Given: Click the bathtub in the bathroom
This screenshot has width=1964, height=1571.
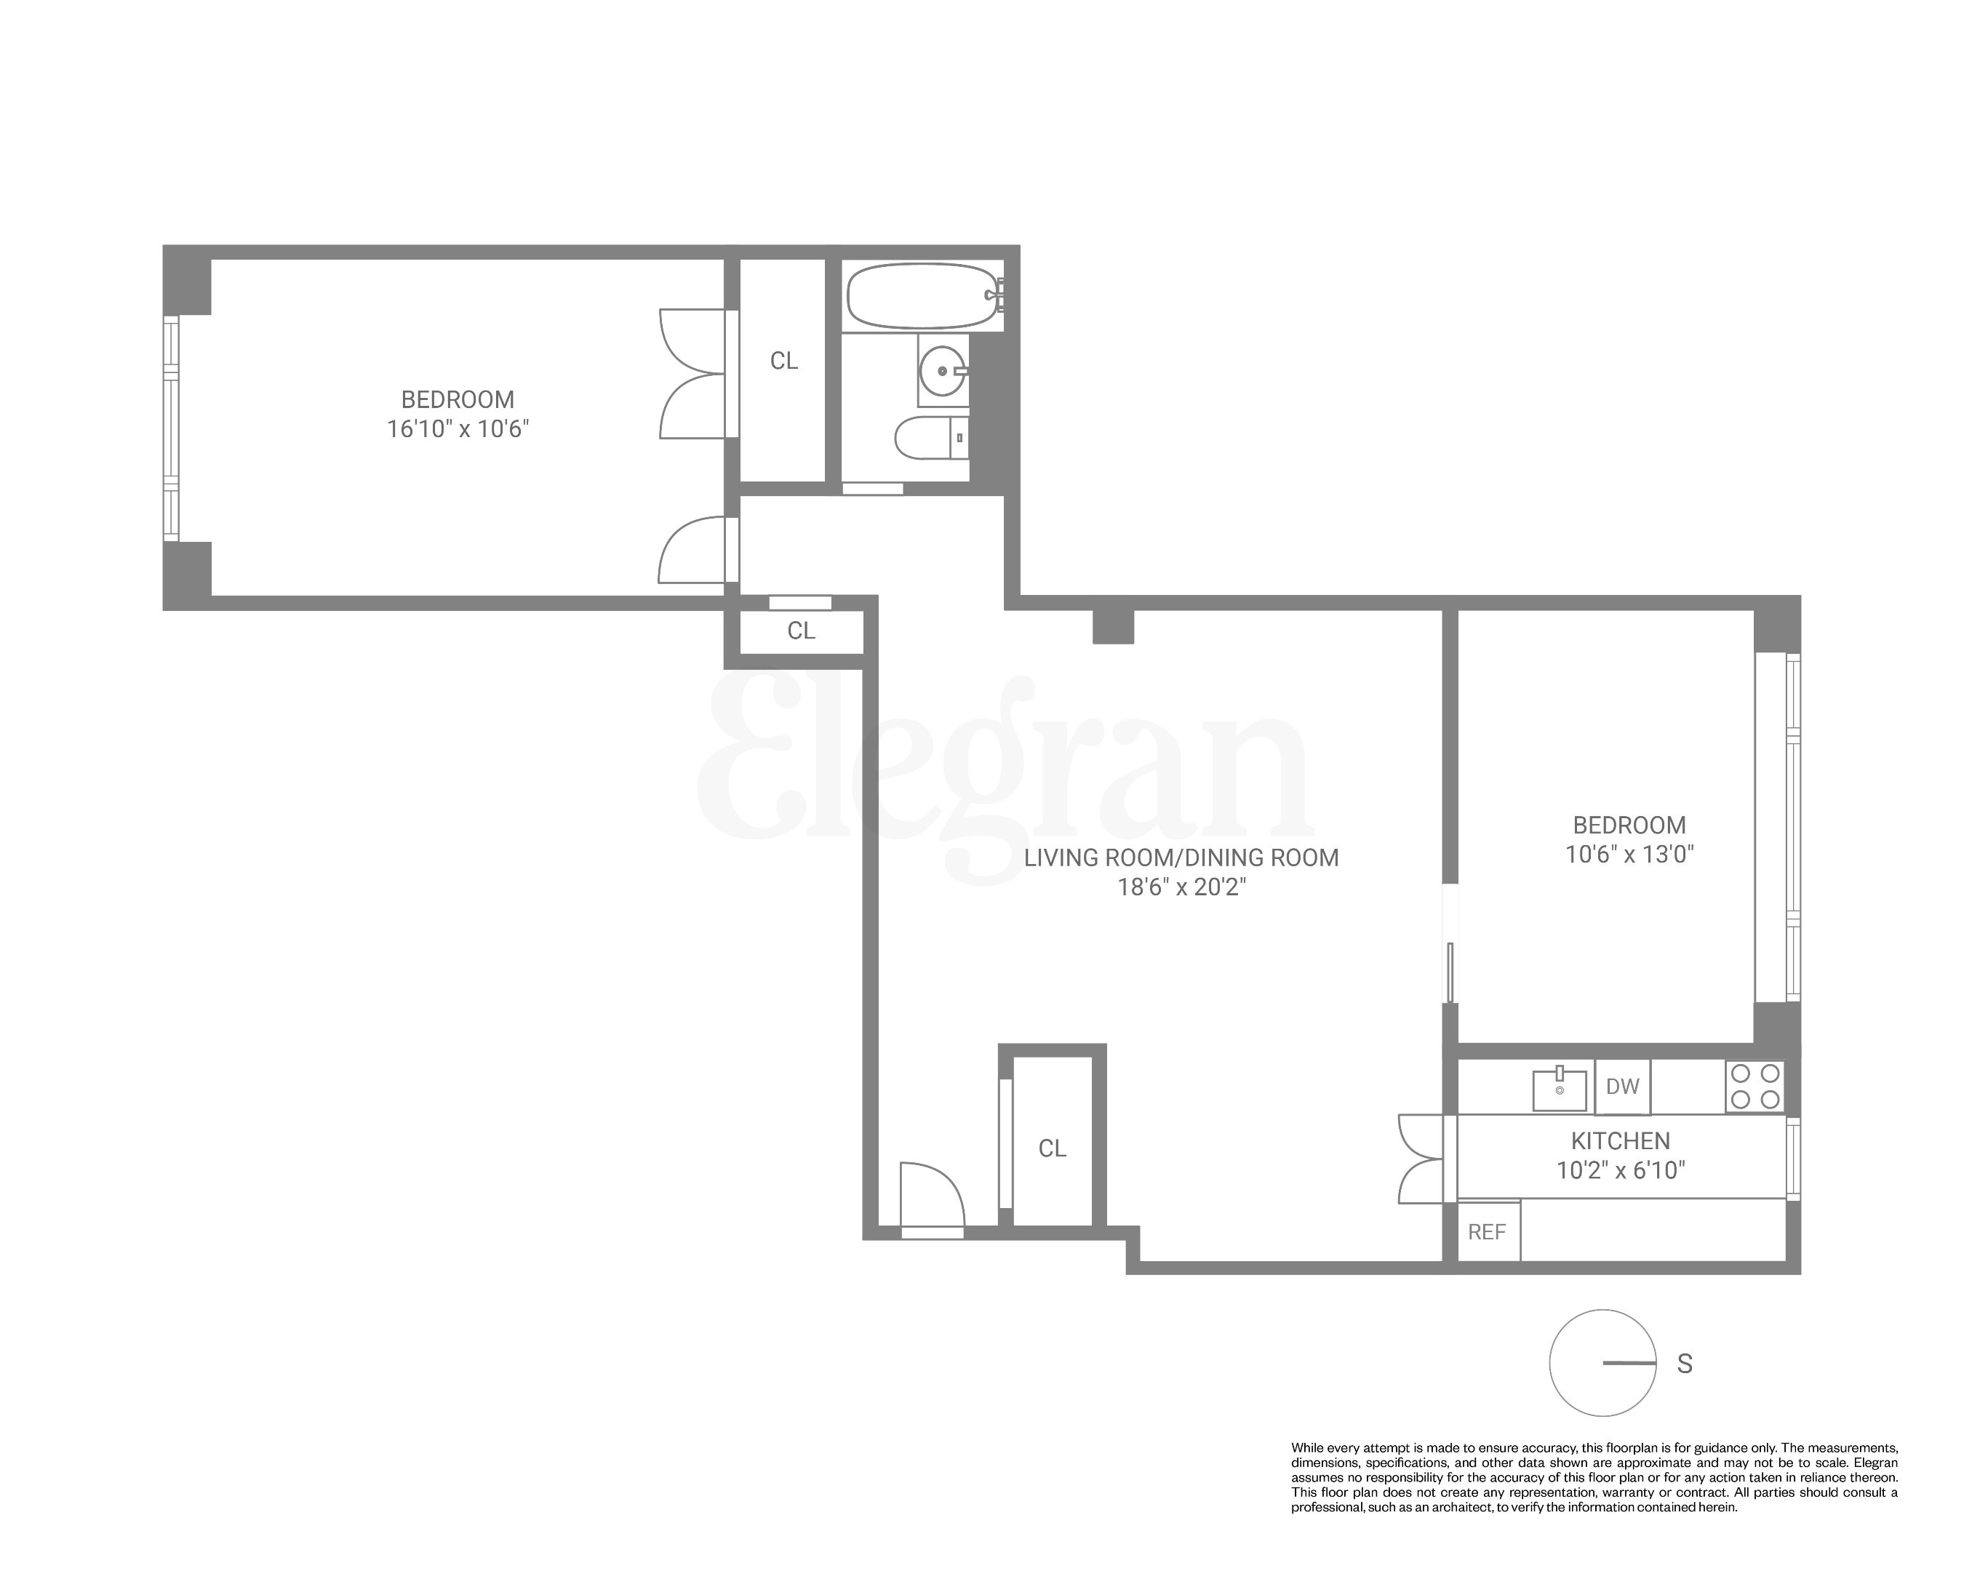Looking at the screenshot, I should pos(921,296).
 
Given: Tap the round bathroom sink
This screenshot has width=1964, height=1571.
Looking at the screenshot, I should pos(941,372).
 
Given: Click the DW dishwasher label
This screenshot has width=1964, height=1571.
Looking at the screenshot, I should pos(1621,1086).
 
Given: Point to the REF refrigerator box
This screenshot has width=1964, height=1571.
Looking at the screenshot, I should pos(1487,1232).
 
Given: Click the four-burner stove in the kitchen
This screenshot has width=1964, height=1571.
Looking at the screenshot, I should pos(1755,1086).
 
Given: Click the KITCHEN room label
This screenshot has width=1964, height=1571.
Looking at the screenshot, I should pos(1620,1140).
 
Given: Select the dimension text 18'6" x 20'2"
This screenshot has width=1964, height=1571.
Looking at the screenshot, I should pos(1181,887).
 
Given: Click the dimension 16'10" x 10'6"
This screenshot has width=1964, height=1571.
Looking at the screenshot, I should pos(458,429).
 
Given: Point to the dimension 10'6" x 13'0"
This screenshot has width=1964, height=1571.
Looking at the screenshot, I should pos(1629,855).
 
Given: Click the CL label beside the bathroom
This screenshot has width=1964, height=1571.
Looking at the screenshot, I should pos(783,361).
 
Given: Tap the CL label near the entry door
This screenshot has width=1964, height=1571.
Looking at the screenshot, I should pos(1051,1148).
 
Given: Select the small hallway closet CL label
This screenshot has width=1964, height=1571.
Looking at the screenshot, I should pos(801,631).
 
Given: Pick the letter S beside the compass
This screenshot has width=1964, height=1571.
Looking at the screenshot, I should pos(1685,1364).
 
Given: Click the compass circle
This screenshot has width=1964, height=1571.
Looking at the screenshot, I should pos(1602,1364).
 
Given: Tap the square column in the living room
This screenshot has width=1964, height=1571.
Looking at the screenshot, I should pos(1112,626).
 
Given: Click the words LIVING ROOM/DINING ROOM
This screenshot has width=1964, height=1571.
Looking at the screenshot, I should pos(1181,858).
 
